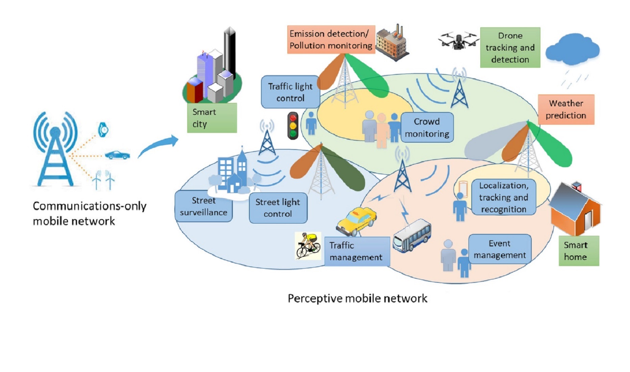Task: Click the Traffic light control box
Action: (x=290, y=92)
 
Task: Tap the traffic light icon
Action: (x=293, y=126)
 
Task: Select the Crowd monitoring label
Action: (x=427, y=127)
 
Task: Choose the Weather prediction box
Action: (x=566, y=109)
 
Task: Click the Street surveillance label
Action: (x=203, y=206)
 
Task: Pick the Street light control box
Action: (x=278, y=208)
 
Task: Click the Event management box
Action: (x=500, y=249)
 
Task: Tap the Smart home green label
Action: (x=579, y=251)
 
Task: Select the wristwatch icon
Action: (x=103, y=130)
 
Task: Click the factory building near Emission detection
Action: (x=392, y=42)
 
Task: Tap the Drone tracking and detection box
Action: (x=510, y=48)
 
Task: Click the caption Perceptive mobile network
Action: (x=357, y=298)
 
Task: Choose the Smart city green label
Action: (x=212, y=118)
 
